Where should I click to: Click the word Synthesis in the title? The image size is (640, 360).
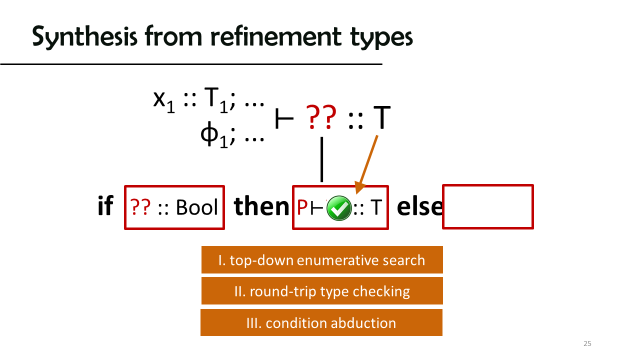point(84,37)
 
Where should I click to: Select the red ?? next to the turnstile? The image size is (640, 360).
point(321,117)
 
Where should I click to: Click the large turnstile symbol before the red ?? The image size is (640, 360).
point(284,118)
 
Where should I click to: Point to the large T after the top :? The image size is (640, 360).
point(382,117)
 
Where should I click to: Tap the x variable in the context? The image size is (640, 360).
point(159,99)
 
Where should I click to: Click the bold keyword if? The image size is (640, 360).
point(105,205)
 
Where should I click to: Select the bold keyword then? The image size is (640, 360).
point(261,206)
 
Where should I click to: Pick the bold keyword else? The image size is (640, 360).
point(419,206)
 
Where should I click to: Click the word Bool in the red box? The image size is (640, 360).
point(197,207)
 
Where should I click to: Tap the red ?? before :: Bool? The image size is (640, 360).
point(140,207)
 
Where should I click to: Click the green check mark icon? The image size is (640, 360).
point(339,208)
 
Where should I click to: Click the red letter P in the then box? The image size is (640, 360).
point(302,207)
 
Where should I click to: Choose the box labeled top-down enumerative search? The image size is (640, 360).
point(322,259)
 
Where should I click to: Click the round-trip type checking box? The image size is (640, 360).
point(322,291)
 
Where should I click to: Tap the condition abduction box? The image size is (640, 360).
point(321,322)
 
